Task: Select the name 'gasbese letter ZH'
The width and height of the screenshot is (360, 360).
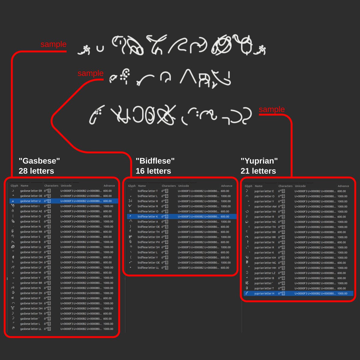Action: coord(31,293)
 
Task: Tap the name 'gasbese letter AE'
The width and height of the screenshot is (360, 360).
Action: coord(31,211)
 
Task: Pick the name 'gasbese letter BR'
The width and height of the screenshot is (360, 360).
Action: coord(31,283)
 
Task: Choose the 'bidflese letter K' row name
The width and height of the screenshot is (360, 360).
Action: coord(148,217)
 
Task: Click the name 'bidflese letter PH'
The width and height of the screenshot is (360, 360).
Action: coord(149,242)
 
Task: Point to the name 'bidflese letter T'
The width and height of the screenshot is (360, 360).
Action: coord(148,191)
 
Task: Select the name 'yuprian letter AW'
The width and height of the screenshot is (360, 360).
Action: coord(265,206)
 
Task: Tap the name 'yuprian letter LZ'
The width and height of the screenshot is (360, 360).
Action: coord(265,273)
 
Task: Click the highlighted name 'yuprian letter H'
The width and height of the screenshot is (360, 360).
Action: coord(264,293)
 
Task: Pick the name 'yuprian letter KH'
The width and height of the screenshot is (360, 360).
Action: coord(265,258)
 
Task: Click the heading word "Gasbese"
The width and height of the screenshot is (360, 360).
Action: coord(39,161)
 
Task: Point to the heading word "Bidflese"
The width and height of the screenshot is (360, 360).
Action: coord(155,161)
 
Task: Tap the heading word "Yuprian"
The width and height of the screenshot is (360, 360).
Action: coord(259,161)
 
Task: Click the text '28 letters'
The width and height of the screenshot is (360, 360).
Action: coord(36,171)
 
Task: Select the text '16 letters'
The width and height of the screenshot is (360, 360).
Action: coord(153,171)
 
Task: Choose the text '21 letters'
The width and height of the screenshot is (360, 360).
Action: coord(258,171)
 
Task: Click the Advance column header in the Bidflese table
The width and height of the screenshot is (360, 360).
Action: coord(226,186)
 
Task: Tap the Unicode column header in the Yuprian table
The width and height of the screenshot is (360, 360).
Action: coord(300,186)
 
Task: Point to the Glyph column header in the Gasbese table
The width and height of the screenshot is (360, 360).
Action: coord(14,186)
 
